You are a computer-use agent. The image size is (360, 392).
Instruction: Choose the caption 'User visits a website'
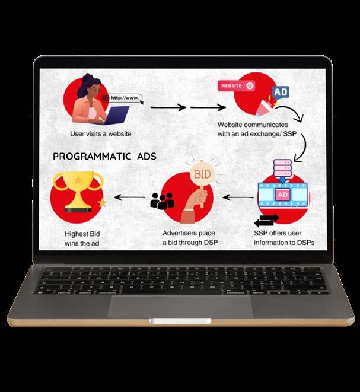click(x=100, y=133)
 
